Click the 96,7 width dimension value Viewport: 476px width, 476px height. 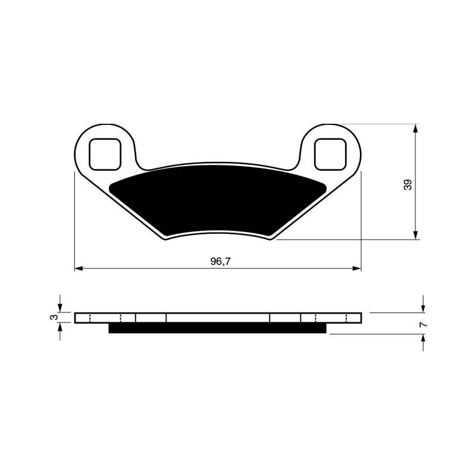pyautogui.click(x=220, y=261)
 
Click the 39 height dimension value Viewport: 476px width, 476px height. pyautogui.click(x=408, y=184)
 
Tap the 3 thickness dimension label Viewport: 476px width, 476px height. pyautogui.click(x=54, y=317)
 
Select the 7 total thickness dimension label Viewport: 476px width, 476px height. pyautogui.click(x=423, y=325)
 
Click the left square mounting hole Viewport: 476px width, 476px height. pyautogui.click(x=105, y=154)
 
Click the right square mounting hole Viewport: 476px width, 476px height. pyautogui.click(x=330, y=154)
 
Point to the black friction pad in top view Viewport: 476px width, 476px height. pyautogui.click(x=218, y=200)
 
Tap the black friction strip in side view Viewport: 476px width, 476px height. pyautogui.click(x=217, y=328)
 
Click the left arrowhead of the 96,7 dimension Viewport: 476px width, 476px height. pyautogui.click(x=79, y=268)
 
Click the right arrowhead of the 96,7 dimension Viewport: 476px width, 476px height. pyautogui.click(x=357, y=268)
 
